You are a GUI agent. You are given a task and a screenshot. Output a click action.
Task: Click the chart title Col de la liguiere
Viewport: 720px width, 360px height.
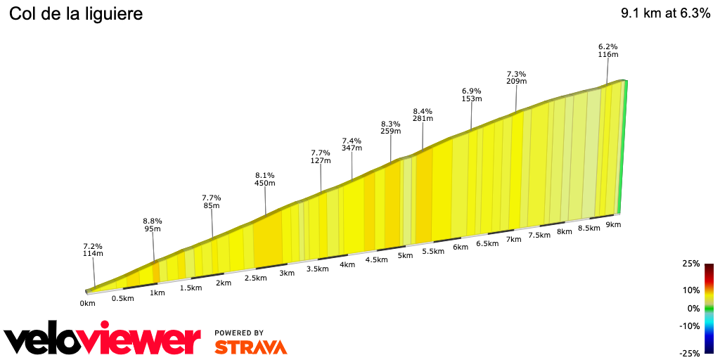point(76,13)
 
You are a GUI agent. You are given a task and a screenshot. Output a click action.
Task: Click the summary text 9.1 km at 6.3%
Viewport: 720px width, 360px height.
point(665,13)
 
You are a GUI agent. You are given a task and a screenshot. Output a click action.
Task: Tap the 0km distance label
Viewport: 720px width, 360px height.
point(87,304)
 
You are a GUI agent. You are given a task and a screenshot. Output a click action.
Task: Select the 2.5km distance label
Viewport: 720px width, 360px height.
point(255,278)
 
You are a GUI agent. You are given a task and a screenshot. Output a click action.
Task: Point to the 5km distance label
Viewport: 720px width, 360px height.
point(405,255)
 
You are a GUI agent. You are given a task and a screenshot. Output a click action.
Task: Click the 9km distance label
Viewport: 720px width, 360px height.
point(613,224)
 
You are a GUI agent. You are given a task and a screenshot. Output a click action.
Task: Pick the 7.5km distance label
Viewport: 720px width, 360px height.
point(539,235)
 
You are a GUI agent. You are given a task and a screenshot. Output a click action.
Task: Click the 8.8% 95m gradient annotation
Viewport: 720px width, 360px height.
point(153,224)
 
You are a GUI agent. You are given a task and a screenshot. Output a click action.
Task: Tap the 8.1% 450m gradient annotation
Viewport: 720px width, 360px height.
point(264,179)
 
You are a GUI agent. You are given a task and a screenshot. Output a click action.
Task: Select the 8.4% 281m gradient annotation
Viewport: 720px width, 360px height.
point(423,115)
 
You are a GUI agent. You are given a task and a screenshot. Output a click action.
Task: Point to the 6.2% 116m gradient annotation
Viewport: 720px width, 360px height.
point(607,50)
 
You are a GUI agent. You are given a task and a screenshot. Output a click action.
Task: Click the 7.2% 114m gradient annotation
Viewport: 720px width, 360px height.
point(93,250)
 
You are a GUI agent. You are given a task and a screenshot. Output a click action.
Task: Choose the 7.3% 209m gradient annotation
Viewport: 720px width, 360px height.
point(516,77)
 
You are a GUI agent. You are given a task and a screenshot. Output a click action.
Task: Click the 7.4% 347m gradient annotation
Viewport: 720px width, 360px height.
point(352,144)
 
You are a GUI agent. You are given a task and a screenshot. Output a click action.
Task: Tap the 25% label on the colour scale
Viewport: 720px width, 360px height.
point(691,264)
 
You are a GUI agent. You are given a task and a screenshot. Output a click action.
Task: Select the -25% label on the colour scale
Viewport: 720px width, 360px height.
point(690,353)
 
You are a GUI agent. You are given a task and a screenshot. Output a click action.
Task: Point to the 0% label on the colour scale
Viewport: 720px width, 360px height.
point(693,308)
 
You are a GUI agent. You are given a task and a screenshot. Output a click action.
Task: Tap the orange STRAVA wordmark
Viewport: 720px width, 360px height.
point(250,347)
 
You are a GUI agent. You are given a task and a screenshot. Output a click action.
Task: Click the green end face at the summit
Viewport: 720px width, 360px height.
point(622,148)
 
